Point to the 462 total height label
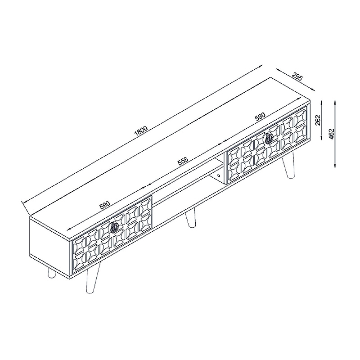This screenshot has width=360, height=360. [332, 134]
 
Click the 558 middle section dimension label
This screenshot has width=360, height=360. [183, 162]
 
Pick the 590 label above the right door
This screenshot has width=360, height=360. [260, 117]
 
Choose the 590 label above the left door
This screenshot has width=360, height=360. [105, 205]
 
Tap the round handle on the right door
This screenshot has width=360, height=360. [269, 139]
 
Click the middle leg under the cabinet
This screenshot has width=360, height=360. [190, 218]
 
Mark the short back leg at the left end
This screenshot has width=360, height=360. [52, 274]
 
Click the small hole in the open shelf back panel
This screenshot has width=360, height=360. [218, 175]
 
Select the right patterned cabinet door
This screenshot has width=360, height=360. [267, 145]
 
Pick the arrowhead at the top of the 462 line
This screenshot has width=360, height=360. [335, 103]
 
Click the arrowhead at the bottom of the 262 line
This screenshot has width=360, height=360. [321, 138]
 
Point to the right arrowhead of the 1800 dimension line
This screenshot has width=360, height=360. [261, 66]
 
